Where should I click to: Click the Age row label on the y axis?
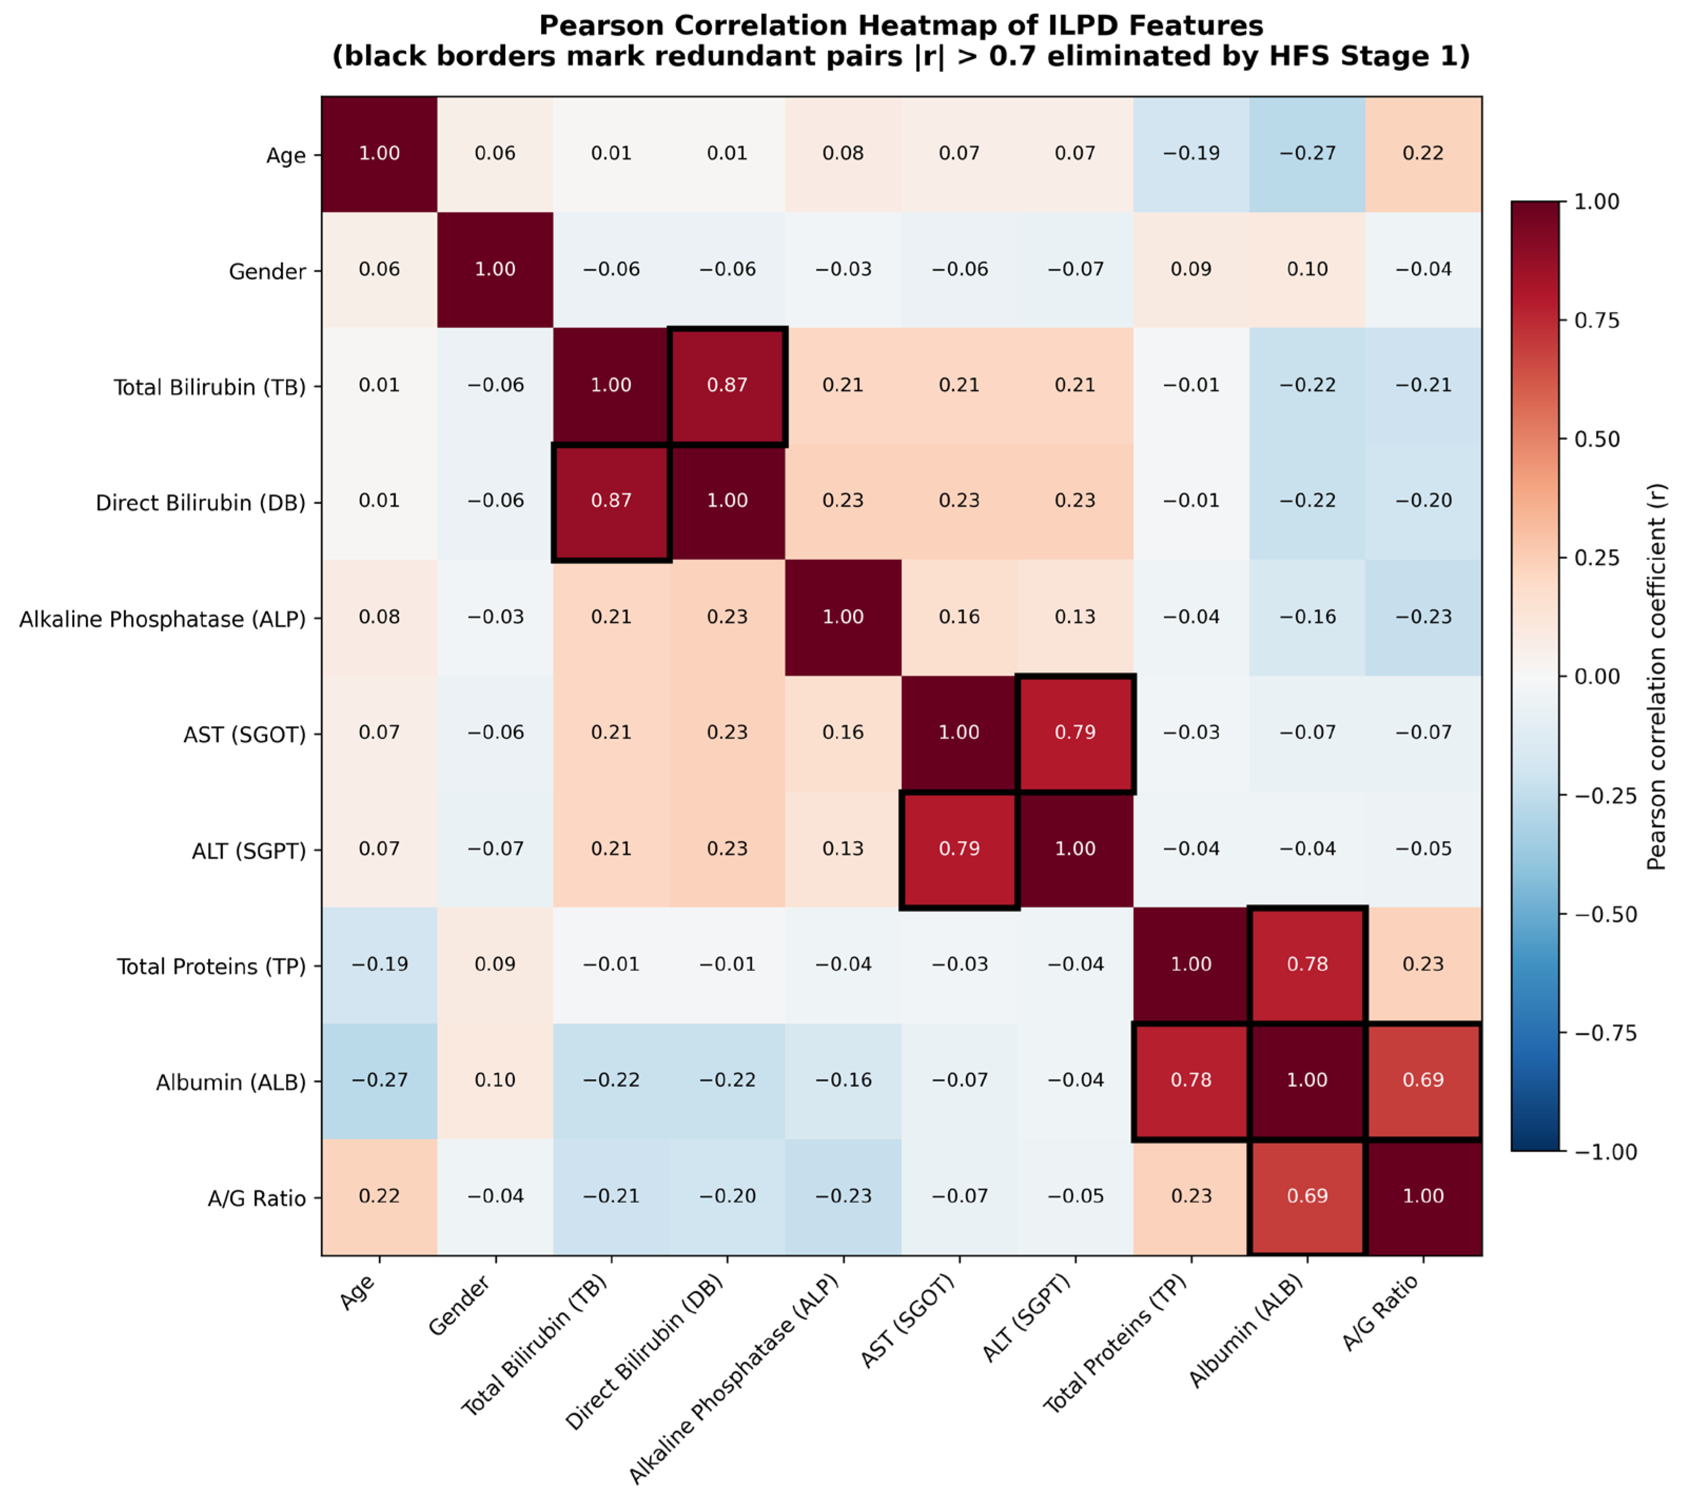(286, 155)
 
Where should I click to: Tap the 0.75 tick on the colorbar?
(1563, 320)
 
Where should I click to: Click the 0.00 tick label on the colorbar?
(1596, 677)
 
